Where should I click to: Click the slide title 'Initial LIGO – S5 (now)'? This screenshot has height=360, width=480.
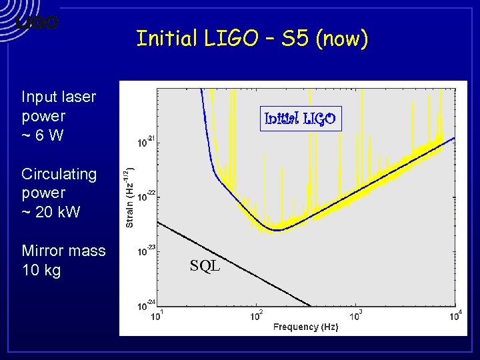252,39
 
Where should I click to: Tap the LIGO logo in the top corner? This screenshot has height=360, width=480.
37,23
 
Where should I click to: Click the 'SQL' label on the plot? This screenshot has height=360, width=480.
205,266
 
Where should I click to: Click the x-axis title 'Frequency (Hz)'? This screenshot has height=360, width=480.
305,327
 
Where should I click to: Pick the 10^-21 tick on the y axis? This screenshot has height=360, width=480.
146,142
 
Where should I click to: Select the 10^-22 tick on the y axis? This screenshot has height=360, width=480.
146,197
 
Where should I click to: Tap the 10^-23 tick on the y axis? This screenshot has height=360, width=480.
146,251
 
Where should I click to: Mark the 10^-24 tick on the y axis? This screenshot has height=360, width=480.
146,306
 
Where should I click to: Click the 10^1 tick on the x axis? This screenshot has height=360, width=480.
157,315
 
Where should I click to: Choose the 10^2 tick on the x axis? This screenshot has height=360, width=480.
256,315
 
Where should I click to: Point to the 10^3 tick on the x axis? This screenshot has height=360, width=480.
355,315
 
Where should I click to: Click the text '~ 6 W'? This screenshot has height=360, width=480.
43,135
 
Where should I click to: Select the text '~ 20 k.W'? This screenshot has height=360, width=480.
51,212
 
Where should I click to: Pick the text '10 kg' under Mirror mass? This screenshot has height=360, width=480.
41,270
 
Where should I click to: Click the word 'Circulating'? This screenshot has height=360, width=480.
59,174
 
